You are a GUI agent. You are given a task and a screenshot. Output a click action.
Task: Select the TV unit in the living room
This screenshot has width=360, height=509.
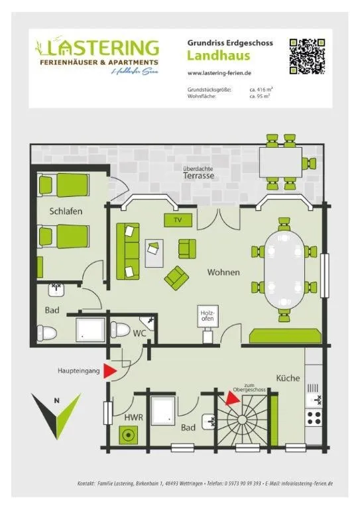pyautogui.click(x=177, y=219)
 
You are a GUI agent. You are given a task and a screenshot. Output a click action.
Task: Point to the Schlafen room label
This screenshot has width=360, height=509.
pyautogui.click(x=66, y=211)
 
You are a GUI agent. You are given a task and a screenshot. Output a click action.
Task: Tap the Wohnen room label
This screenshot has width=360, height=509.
pyautogui.click(x=223, y=272)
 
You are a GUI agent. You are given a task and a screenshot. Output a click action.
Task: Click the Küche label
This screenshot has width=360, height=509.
pyautogui.click(x=288, y=378)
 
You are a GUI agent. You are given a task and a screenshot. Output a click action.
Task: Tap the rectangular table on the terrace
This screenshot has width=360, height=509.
pyautogui.click(x=280, y=159)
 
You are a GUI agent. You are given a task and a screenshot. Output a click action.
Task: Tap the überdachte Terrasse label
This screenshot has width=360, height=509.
pyautogui.click(x=198, y=173)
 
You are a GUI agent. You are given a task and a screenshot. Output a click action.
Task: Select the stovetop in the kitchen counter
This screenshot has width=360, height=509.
pyautogui.click(x=314, y=418)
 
